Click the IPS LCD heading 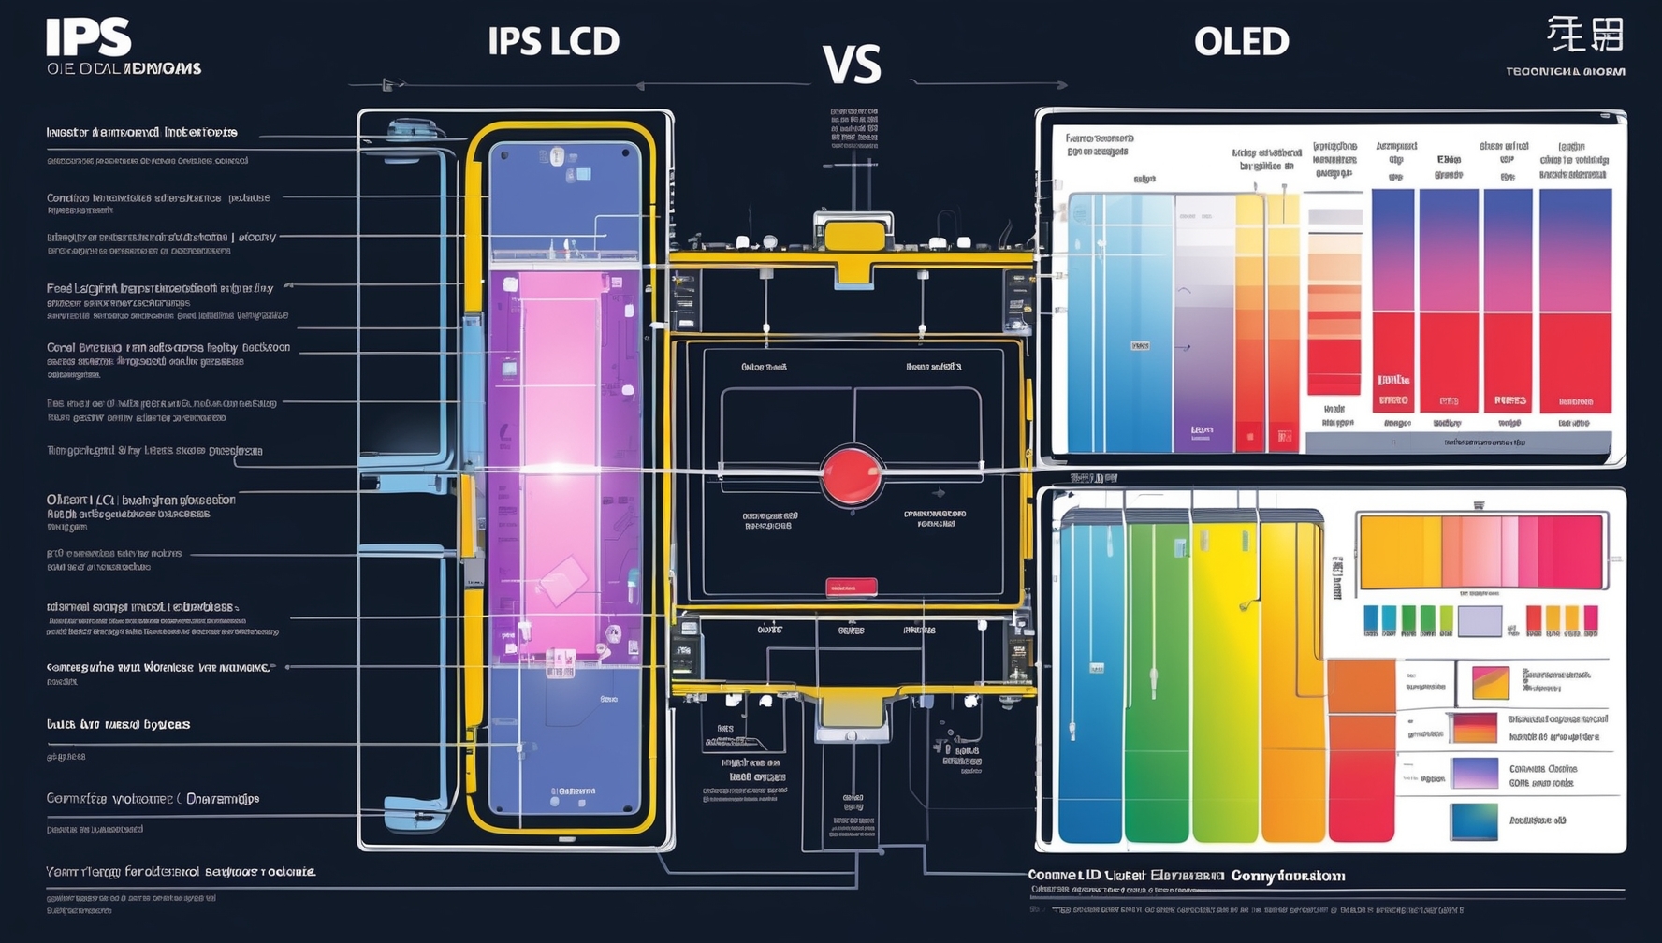tap(553, 41)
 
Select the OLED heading tap(1241, 41)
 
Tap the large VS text tap(852, 65)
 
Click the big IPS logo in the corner tap(89, 38)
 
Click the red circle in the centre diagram tap(851, 475)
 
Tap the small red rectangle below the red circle tap(851, 588)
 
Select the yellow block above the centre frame tap(853, 235)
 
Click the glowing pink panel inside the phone tap(560, 374)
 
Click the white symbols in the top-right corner tap(1584, 36)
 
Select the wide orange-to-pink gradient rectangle tap(1481, 552)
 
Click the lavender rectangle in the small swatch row tap(1480, 620)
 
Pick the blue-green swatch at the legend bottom tap(1473, 821)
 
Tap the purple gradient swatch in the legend tap(1474, 774)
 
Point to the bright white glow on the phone tap(558, 468)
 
